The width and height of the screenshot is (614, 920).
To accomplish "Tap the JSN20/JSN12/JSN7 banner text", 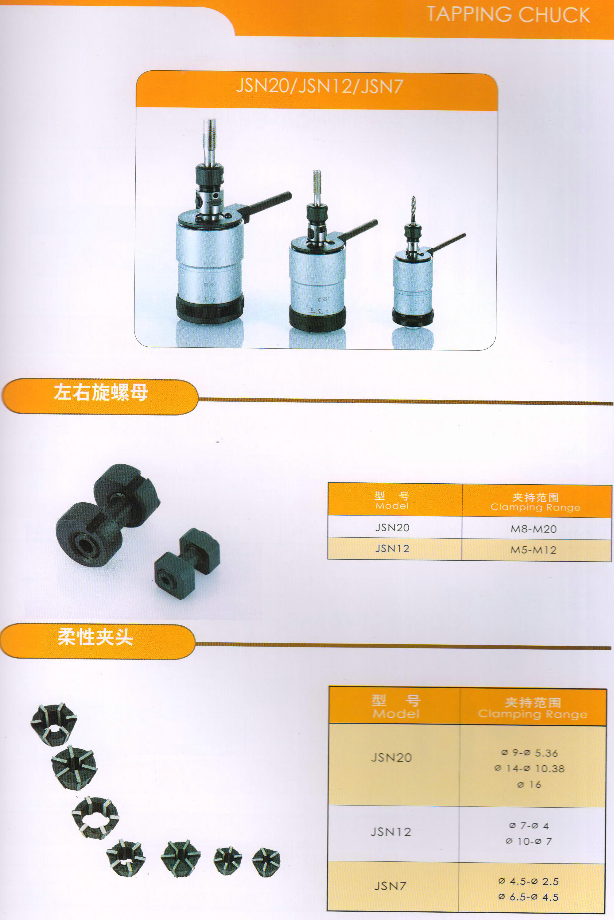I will [x=319, y=86].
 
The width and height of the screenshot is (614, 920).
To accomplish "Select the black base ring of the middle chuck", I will [x=317, y=317].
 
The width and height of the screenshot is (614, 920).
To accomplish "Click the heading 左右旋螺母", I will [x=101, y=392].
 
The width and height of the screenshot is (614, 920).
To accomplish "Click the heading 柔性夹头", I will [x=95, y=637].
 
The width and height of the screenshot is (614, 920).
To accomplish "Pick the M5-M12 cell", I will [x=533, y=550].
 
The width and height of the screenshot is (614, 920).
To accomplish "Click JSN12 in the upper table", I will [x=392, y=549].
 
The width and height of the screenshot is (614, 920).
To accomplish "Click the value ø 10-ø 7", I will [x=529, y=841].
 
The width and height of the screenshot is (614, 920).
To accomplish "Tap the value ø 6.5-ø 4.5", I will [x=529, y=897].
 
